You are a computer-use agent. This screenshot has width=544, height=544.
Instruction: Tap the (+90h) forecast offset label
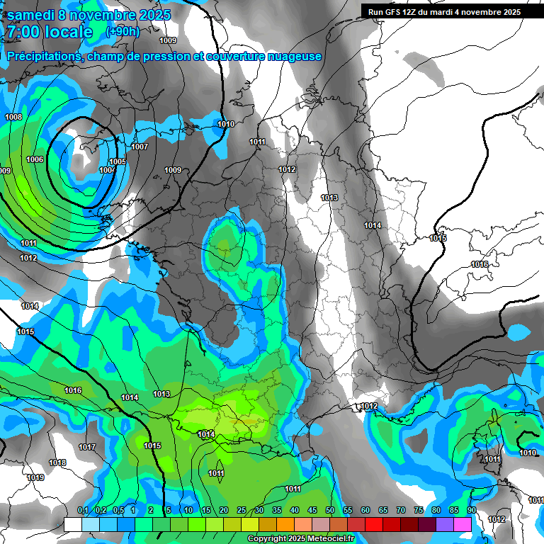(x=123, y=31)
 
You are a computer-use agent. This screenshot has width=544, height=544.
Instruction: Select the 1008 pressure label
(x=13, y=117)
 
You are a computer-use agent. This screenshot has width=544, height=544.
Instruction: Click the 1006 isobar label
(x=35, y=159)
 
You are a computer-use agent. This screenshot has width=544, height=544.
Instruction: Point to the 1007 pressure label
(x=140, y=147)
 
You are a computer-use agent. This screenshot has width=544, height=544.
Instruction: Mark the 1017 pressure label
(x=87, y=447)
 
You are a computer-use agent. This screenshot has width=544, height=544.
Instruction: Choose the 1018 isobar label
(x=57, y=463)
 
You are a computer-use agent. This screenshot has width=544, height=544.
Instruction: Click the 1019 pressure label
(x=35, y=478)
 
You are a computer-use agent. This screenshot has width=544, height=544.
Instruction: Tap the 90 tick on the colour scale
(x=471, y=511)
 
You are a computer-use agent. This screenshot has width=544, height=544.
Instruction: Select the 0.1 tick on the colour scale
(x=83, y=511)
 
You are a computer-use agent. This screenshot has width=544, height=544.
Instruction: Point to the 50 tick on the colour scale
(x=330, y=511)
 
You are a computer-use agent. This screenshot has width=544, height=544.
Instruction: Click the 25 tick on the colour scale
(x=242, y=511)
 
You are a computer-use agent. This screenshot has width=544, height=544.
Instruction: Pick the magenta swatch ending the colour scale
(x=463, y=524)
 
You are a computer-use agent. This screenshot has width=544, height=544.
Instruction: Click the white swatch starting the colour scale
(x=72, y=524)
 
